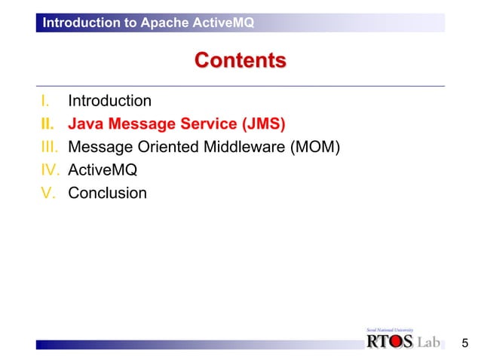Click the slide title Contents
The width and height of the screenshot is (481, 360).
coord(240,60)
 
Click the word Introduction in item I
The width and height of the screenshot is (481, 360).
coord(109,101)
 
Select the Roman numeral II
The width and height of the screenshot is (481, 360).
coord(46,124)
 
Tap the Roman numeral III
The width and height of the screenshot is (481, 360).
coord(49,146)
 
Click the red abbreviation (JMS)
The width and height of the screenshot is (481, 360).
coord(263,124)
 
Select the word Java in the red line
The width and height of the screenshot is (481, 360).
coord(85,124)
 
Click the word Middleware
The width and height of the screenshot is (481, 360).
coord(244,146)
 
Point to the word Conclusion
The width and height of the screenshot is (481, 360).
coord(107,193)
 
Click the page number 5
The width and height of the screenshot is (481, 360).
coord(464,344)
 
